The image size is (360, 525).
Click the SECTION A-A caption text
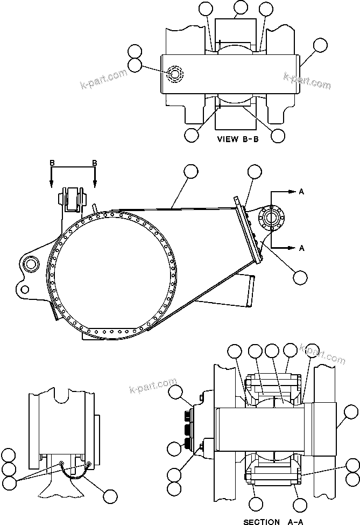coord(269,521)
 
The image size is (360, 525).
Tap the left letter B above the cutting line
coord(52,163)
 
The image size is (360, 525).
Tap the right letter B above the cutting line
coord(95,163)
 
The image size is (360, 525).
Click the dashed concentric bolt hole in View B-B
coord(175,74)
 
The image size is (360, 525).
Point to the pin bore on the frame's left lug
coord(30,263)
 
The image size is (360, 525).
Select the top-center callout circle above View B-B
coord(241,8)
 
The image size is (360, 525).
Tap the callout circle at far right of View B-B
coord(320,45)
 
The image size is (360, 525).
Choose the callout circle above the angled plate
coord(255,172)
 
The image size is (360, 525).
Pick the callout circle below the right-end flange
coord(300,277)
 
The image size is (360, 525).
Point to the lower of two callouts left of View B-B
coord(135,65)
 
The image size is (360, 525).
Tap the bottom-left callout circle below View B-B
coord(190,135)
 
